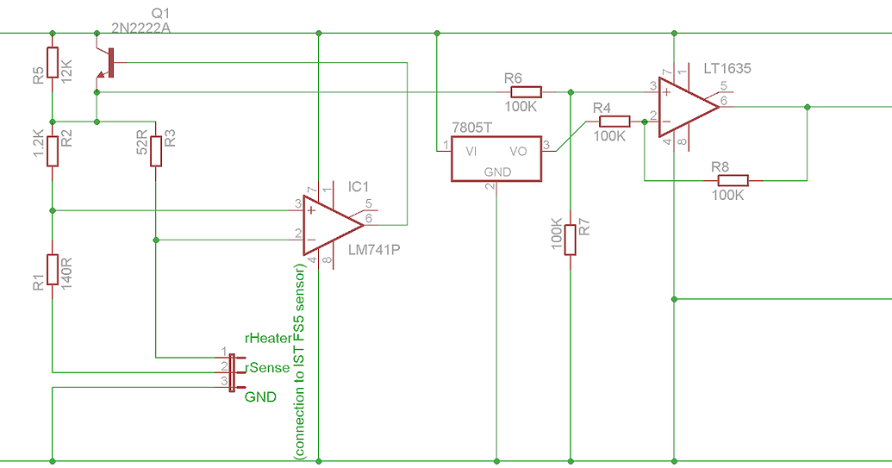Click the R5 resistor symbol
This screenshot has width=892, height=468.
pyautogui.click(x=53, y=63)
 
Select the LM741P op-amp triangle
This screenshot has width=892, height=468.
pyautogui.click(x=332, y=223)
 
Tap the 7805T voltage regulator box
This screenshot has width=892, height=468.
pyautogui.click(x=496, y=159)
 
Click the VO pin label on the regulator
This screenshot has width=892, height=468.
pyautogui.click(x=519, y=151)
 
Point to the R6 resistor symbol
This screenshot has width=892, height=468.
pyautogui.click(x=524, y=91)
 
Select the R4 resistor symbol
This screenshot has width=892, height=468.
pyautogui.click(x=614, y=122)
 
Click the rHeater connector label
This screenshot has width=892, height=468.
pyautogui.click(x=269, y=339)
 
